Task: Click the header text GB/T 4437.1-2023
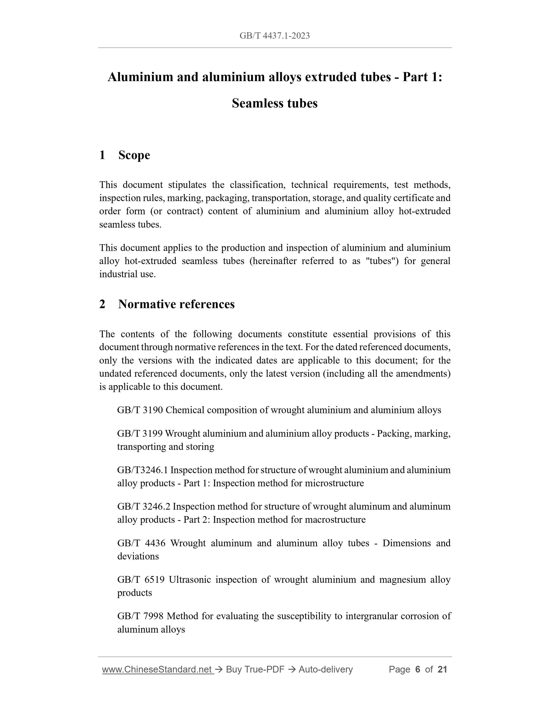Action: coord(274,36)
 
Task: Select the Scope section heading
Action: coord(134,155)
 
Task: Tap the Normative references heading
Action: coord(176,304)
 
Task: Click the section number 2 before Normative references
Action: coord(102,304)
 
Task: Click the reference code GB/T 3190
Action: coord(140,410)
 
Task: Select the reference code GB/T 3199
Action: coord(140,433)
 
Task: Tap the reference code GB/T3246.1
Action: coord(142,470)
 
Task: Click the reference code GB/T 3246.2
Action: coord(143,507)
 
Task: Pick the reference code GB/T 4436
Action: coord(141,543)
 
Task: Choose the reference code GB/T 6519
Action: coord(141,580)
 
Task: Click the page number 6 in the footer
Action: coord(417,670)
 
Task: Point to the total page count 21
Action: coord(442,670)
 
